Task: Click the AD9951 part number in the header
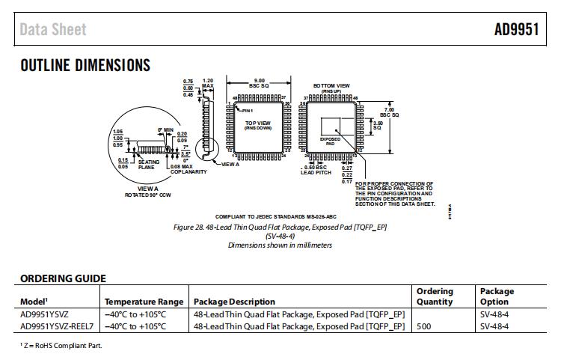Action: click(516, 30)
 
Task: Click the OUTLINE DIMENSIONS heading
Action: click(85, 66)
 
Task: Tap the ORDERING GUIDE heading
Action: click(63, 279)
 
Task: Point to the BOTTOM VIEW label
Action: click(331, 85)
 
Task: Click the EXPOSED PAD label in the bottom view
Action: click(330, 140)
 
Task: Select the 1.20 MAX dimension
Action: click(209, 83)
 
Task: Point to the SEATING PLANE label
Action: click(148, 165)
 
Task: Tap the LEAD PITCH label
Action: click(316, 171)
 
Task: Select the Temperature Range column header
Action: click(144, 302)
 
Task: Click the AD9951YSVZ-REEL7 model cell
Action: click(57, 326)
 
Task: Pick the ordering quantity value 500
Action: click(424, 326)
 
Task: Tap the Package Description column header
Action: click(234, 302)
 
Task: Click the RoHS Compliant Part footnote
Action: click(61, 345)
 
